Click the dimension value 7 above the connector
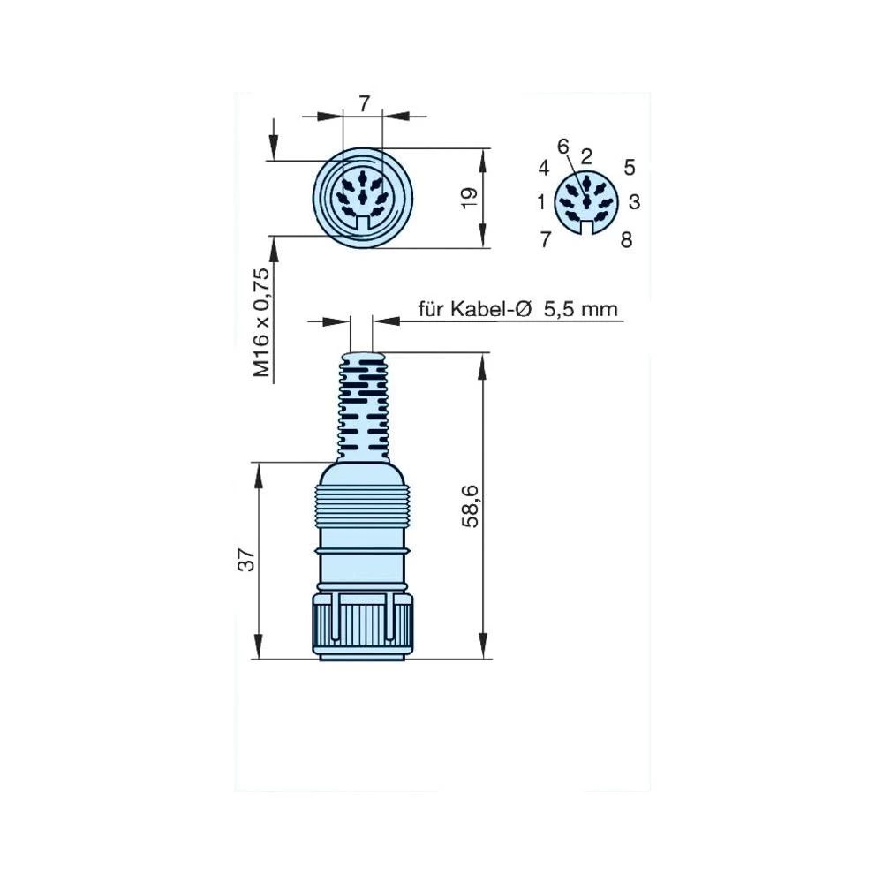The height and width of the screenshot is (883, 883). [364, 104]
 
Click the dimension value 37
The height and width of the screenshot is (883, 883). [246, 560]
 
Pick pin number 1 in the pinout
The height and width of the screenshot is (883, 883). [541, 203]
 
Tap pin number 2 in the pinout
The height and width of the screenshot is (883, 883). [585, 156]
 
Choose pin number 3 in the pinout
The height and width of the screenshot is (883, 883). [634, 203]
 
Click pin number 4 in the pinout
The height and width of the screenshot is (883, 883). [544, 168]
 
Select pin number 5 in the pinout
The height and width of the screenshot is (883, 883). [629, 166]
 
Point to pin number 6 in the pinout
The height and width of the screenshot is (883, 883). [562, 146]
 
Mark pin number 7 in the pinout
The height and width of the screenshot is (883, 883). [545, 238]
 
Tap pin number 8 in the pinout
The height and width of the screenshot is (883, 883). [626, 239]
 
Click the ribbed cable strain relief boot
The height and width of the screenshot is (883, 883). [362, 406]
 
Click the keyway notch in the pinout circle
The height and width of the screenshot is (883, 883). [585, 228]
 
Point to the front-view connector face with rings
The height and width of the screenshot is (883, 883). [362, 198]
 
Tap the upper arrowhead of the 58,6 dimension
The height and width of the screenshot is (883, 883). [483, 362]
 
